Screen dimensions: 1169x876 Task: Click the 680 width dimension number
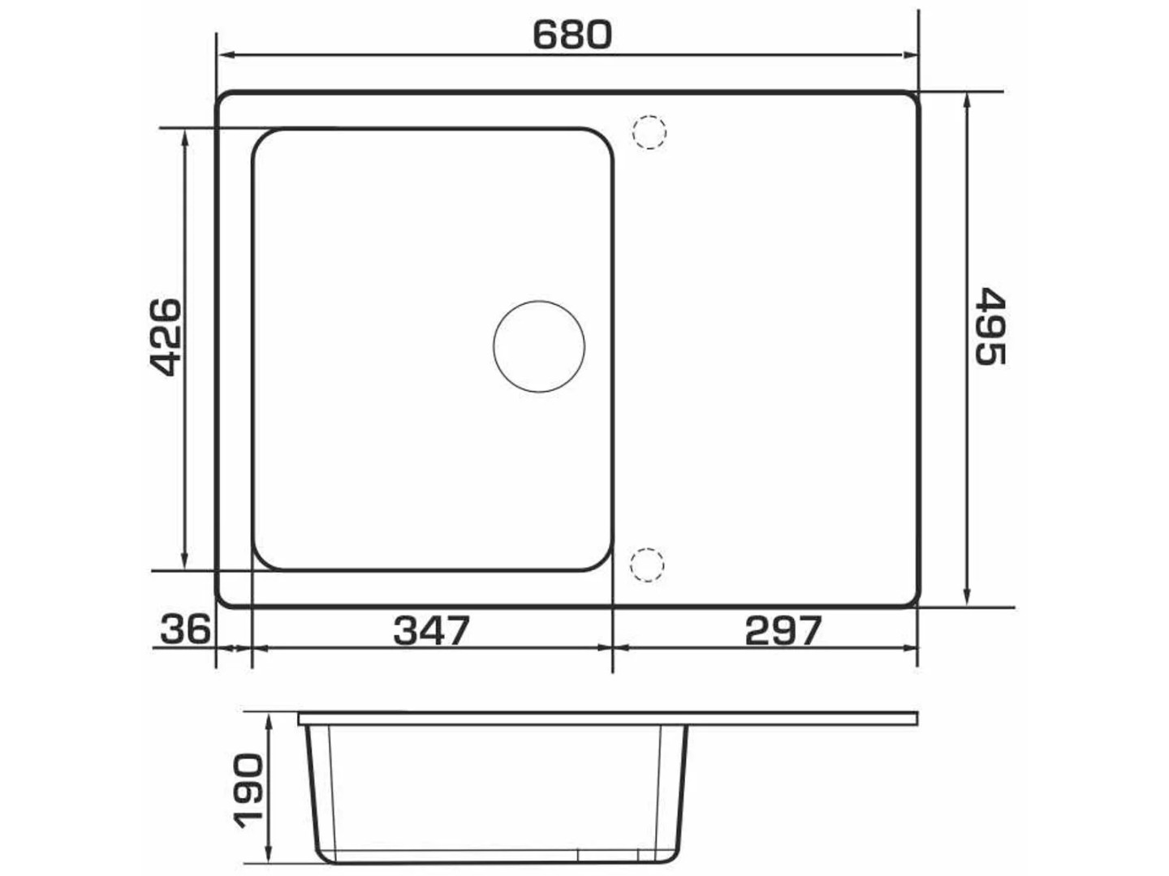572,35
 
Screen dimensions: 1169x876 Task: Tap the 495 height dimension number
990,326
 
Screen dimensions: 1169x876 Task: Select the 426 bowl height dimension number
164,337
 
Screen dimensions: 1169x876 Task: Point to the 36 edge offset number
185,629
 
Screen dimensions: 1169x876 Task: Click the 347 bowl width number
431,630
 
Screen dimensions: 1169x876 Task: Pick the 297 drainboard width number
783,630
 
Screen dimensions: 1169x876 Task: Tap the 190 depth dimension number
248,790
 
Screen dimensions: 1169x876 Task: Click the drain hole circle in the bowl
538,347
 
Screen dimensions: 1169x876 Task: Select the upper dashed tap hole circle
649,132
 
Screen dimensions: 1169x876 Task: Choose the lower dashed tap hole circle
646,565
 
